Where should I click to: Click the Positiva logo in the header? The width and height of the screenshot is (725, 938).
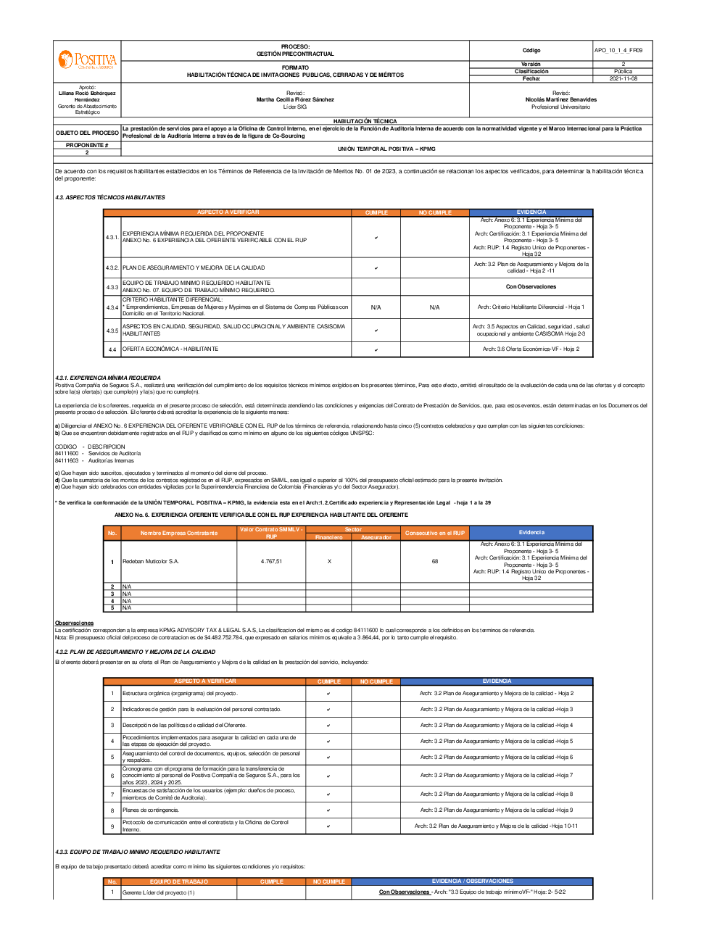click(87, 60)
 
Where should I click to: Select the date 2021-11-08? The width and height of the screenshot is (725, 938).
click(623, 78)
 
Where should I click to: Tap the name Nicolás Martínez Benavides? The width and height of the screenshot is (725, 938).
click(560, 100)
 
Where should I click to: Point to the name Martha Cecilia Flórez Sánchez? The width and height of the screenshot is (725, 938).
click(295, 100)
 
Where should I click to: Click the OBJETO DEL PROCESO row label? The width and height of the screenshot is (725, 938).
click(87, 133)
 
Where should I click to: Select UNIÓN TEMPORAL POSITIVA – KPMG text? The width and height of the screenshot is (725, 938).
click(386, 149)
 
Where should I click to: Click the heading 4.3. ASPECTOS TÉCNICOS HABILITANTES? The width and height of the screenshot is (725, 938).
click(110, 197)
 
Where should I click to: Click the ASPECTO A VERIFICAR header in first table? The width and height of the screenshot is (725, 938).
click(228, 212)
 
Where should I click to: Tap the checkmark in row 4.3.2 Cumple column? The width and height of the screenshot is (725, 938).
click(376, 268)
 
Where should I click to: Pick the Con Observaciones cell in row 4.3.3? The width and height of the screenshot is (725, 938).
click(531, 287)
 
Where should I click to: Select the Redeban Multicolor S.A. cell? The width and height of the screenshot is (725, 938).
click(151, 562)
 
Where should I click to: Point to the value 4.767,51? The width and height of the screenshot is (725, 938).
click(271, 562)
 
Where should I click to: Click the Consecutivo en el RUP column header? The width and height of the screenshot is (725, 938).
click(434, 534)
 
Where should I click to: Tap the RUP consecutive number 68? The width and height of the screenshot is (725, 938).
click(434, 562)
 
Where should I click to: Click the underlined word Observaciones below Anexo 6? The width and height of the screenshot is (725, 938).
click(74, 623)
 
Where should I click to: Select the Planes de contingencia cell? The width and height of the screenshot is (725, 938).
click(151, 810)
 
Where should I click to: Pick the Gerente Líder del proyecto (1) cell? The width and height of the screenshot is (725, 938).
click(159, 892)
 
